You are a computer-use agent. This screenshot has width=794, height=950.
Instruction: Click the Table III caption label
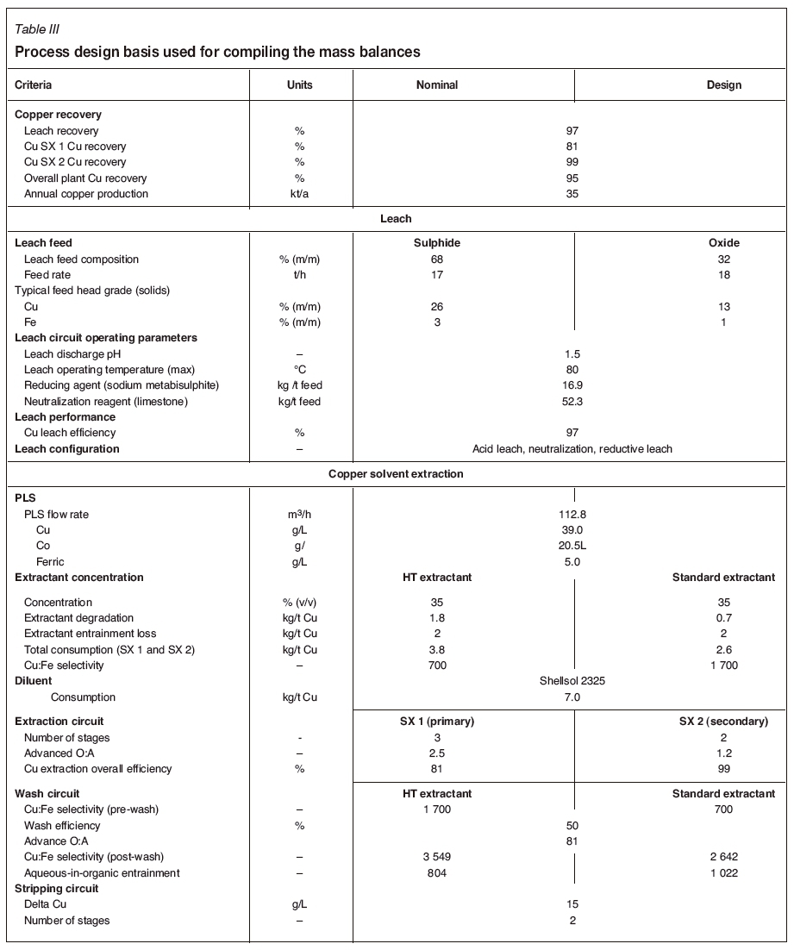pos(37,30)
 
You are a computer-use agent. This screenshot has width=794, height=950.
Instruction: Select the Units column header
pos(299,85)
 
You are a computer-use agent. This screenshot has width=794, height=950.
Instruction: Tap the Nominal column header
pos(437,85)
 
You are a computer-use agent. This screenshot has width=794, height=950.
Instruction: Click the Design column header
pos(723,85)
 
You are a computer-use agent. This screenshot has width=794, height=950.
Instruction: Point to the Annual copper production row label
pos(86,194)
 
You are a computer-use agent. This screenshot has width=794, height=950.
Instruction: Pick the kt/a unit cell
pos(299,194)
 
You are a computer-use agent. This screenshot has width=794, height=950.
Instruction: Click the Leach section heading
pos(396,219)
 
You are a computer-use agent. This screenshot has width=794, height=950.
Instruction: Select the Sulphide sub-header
pos(437,243)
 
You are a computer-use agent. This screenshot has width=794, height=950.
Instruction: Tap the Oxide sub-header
pos(723,243)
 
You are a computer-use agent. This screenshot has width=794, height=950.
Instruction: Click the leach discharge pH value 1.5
pos(572,354)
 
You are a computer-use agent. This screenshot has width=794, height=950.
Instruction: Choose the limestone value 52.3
pos(572,402)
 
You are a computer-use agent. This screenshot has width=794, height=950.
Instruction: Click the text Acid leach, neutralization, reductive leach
pos(572,449)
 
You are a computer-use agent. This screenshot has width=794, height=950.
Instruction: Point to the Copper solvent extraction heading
pos(396,474)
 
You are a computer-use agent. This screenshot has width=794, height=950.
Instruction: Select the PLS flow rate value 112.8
pos(572,515)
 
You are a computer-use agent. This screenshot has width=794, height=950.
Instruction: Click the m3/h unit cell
pos(299,515)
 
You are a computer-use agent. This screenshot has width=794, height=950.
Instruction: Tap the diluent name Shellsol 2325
pos(572,681)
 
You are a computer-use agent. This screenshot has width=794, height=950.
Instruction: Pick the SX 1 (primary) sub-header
pos(437,722)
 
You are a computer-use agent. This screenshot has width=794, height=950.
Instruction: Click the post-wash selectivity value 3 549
pos(437,857)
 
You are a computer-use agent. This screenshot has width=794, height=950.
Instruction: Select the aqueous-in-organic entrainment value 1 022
pos(723,873)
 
